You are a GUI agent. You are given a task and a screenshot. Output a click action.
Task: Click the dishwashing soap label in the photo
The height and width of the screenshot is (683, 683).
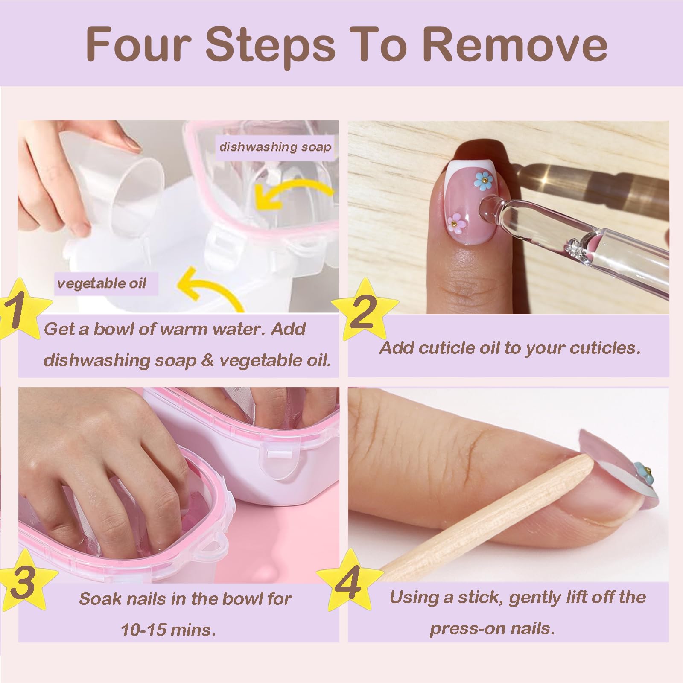(275, 147)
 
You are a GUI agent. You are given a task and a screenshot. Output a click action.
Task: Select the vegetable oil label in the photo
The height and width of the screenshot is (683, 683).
(102, 283)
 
